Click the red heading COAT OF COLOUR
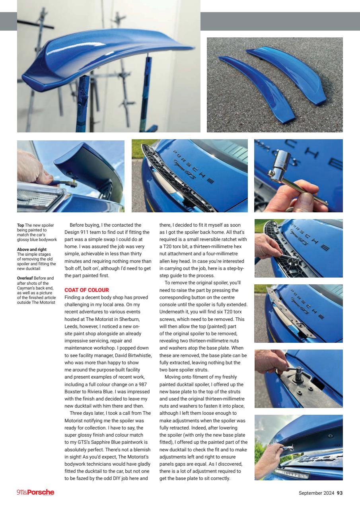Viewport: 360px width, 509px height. coord(86,290)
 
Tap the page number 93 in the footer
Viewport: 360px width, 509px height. coord(339,493)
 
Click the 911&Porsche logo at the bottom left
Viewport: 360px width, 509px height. coord(35,493)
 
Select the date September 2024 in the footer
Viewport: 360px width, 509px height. coord(316,493)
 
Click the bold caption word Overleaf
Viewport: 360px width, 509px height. coord(25,278)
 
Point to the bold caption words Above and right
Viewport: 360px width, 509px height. coord(32,250)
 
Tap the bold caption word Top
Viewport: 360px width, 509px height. coord(21,225)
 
